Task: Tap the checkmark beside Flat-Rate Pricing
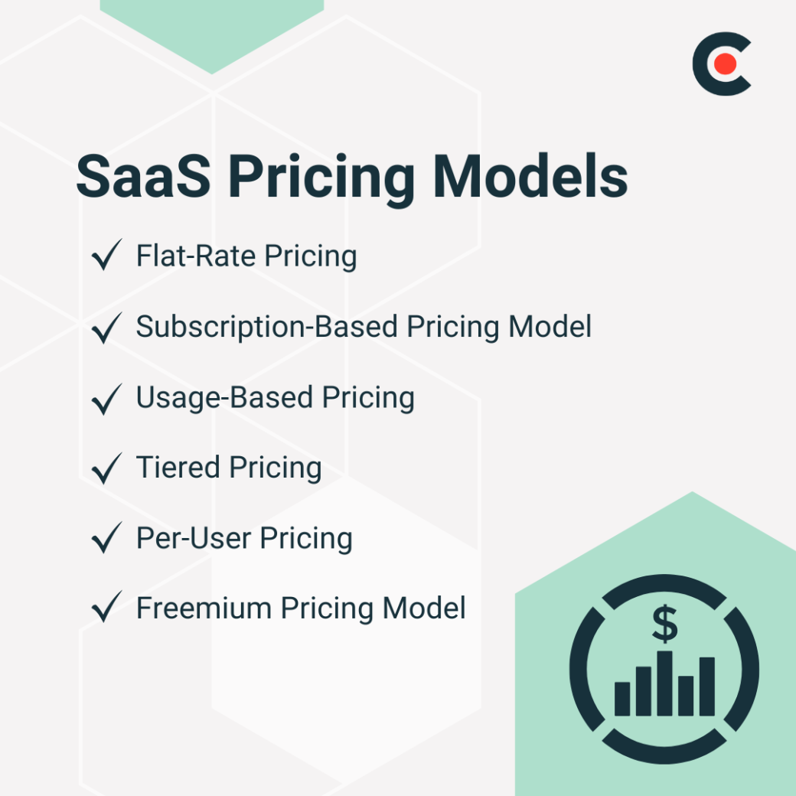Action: (106, 256)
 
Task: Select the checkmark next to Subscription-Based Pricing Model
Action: (106, 327)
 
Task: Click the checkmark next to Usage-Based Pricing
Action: (106, 397)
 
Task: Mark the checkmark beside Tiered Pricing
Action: (106, 468)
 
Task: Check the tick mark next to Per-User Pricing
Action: (106, 538)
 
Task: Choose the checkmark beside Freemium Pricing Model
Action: (106, 608)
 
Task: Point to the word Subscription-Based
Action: (267, 328)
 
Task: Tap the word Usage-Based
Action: (223, 398)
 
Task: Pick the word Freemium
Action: (204, 608)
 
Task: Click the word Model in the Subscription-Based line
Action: (550, 327)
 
